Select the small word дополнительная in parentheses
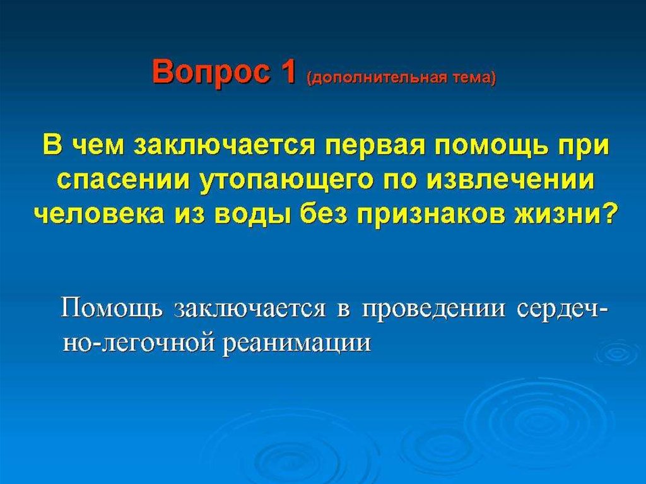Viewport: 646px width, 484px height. click(x=378, y=78)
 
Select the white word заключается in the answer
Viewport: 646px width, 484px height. click(x=250, y=310)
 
